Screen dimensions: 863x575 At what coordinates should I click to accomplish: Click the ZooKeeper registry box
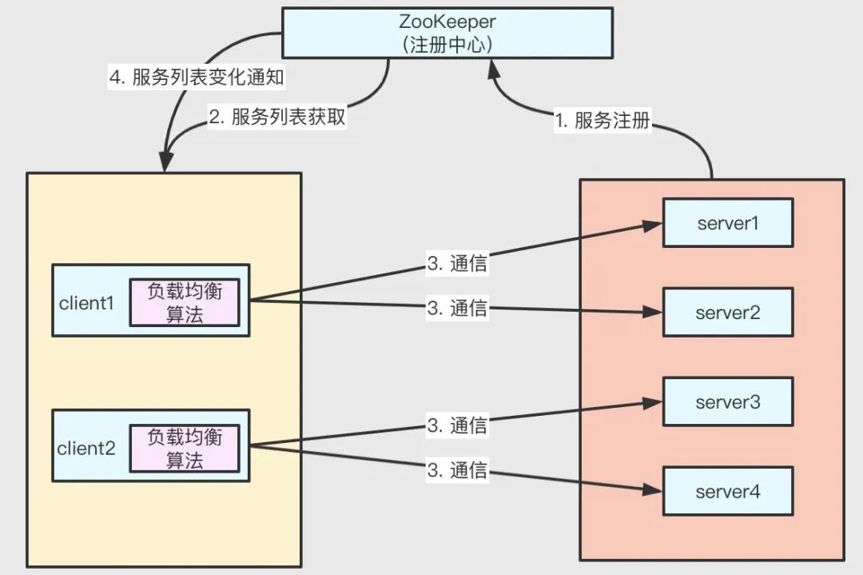(x=447, y=33)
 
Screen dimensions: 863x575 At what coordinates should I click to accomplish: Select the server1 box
(x=728, y=223)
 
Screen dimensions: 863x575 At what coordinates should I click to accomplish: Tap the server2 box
(x=728, y=312)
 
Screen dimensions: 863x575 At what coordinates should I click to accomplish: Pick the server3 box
(x=728, y=402)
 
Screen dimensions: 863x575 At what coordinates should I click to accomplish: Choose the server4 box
(x=728, y=491)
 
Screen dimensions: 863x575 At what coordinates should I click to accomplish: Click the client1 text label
(x=86, y=303)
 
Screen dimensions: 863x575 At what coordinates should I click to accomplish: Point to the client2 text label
(x=86, y=449)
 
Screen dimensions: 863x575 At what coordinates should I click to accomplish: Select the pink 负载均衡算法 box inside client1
(x=185, y=302)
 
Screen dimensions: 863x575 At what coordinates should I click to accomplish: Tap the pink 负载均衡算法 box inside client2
(x=185, y=449)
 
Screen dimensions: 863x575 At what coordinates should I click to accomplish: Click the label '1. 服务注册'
(x=603, y=120)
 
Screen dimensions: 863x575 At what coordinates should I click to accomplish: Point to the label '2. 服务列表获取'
(x=276, y=117)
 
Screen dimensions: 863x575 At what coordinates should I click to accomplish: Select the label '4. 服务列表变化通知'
(x=197, y=77)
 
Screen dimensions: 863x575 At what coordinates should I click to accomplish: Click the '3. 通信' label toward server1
(x=457, y=263)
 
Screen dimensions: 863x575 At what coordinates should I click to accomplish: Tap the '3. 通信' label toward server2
(x=457, y=308)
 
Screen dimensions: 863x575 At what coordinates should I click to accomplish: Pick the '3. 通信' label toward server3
(x=457, y=425)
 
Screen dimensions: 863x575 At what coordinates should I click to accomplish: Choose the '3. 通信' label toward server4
(x=457, y=469)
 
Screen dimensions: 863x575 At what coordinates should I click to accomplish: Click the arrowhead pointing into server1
(x=653, y=226)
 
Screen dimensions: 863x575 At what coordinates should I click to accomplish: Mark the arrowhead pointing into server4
(x=653, y=489)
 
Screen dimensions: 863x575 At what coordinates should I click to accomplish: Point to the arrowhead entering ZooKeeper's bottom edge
(x=494, y=70)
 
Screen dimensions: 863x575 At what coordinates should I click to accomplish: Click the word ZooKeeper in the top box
(x=447, y=22)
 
